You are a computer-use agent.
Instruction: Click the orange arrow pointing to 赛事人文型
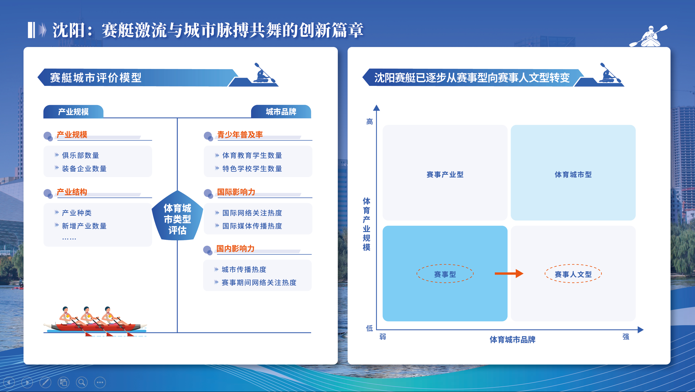point(509,273)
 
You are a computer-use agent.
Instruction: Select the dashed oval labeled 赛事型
point(445,274)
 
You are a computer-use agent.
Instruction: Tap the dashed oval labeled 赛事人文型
point(573,274)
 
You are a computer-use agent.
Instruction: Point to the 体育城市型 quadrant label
point(573,174)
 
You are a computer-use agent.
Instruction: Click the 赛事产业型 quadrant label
point(445,174)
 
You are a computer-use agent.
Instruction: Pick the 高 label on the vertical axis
point(369,122)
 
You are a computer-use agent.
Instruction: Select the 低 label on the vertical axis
point(369,328)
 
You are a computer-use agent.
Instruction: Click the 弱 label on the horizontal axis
point(383,337)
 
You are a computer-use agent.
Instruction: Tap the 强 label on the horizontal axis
point(625,337)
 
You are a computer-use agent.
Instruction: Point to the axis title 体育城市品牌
point(512,340)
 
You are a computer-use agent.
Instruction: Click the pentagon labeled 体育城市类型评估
point(177,218)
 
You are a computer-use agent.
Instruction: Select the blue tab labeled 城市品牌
point(281,112)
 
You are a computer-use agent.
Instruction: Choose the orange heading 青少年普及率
point(240,135)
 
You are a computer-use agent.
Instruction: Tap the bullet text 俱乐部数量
point(80,155)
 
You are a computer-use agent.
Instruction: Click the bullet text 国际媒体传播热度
point(252,226)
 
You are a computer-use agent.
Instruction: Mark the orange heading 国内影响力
point(235,248)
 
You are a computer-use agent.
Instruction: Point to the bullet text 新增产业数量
point(84,226)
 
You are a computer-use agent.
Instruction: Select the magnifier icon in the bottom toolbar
point(82,382)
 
